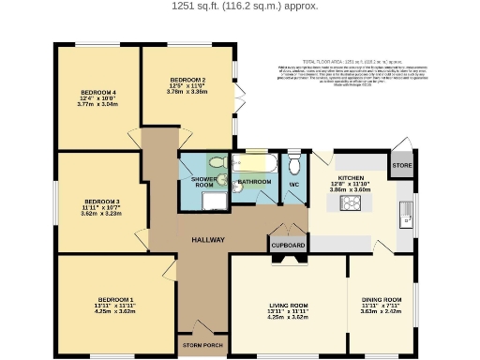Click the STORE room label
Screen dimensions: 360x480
(x=402, y=166)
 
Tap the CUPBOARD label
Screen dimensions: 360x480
(x=288, y=246)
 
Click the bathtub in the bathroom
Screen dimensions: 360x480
(x=256, y=163)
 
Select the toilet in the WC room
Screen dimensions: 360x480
(x=294, y=165)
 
